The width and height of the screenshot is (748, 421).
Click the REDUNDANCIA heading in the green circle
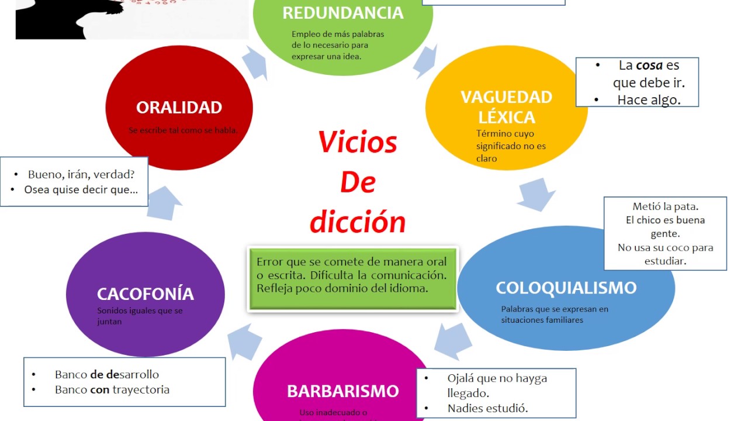(342, 13)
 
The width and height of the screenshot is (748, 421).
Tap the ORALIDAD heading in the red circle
(179, 108)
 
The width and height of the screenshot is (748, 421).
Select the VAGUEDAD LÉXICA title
(506, 107)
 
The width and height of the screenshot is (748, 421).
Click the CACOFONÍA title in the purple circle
(145, 294)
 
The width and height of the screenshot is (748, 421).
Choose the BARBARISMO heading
(342, 391)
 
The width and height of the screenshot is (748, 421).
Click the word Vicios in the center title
(357, 142)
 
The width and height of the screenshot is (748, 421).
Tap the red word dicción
(357, 222)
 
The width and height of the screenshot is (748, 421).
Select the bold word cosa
(649, 65)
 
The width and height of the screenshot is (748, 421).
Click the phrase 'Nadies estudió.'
(487, 408)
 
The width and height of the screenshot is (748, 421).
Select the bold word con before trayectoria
(100, 389)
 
